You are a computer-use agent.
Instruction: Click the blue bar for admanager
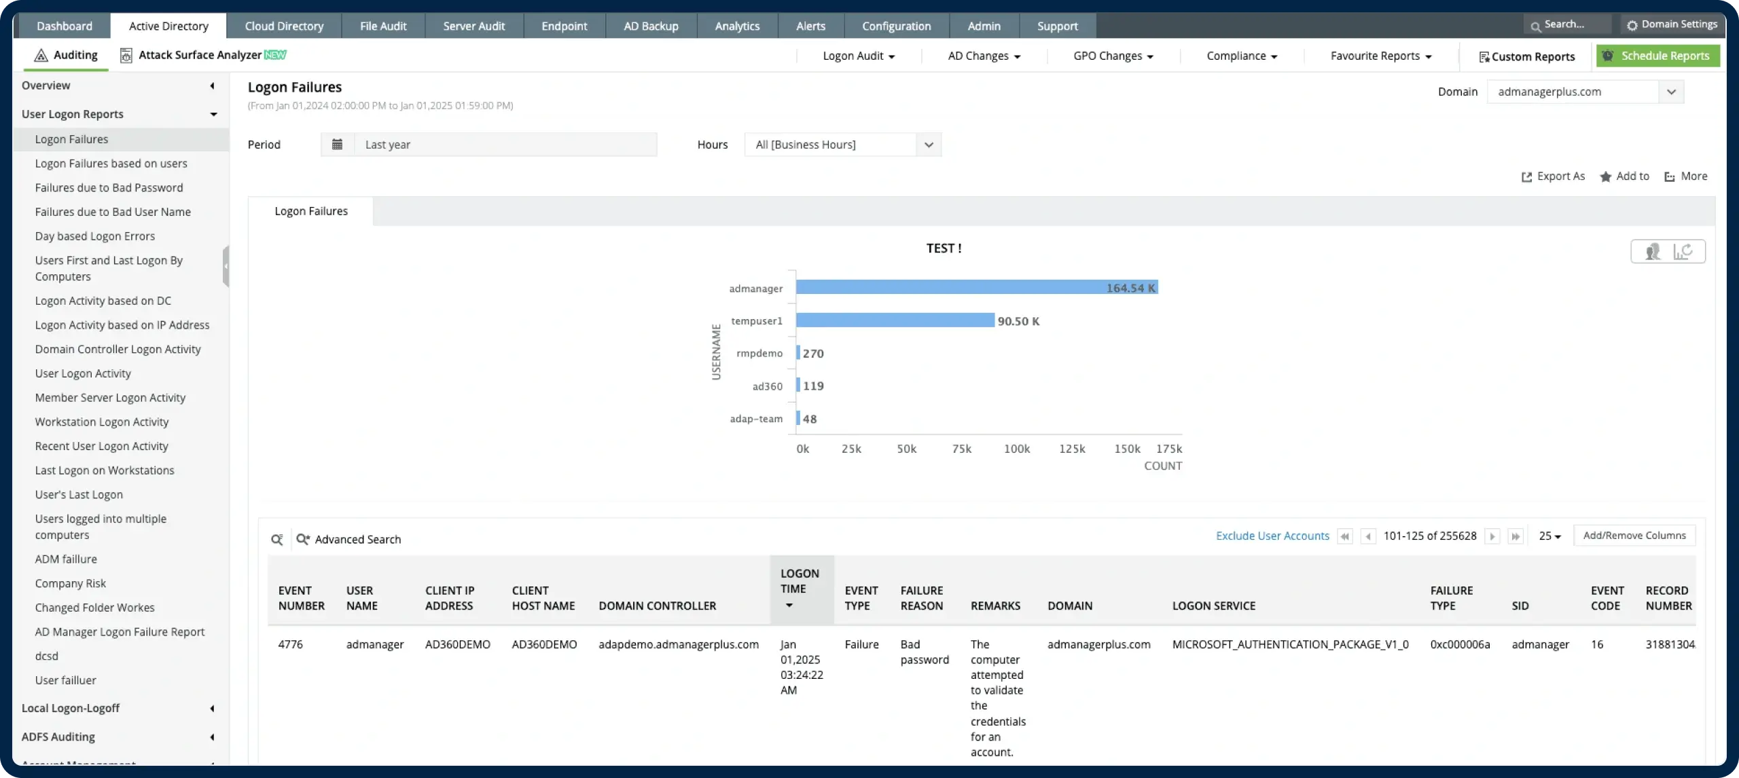[976, 288]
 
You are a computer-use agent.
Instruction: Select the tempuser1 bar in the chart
[895, 320]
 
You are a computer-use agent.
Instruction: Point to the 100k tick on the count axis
[1016, 449]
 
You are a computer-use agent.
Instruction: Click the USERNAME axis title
[716, 352]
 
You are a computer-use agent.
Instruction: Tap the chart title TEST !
[944, 248]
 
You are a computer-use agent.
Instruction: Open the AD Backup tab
[651, 26]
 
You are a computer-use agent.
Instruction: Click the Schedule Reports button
[1657, 56]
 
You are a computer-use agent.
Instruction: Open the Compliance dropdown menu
[1242, 56]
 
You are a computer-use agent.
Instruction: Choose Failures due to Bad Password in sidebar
[109, 187]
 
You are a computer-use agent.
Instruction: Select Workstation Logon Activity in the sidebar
[102, 422]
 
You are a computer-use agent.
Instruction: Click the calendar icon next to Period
[337, 144]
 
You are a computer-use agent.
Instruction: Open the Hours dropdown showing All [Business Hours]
[842, 145]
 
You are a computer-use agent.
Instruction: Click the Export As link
[1553, 176]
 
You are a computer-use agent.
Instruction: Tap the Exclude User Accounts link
[1272, 536]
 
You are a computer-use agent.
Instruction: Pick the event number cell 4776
[290, 644]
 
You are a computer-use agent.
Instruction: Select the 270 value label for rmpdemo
[813, 353]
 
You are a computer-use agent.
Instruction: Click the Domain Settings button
[1672, 24]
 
